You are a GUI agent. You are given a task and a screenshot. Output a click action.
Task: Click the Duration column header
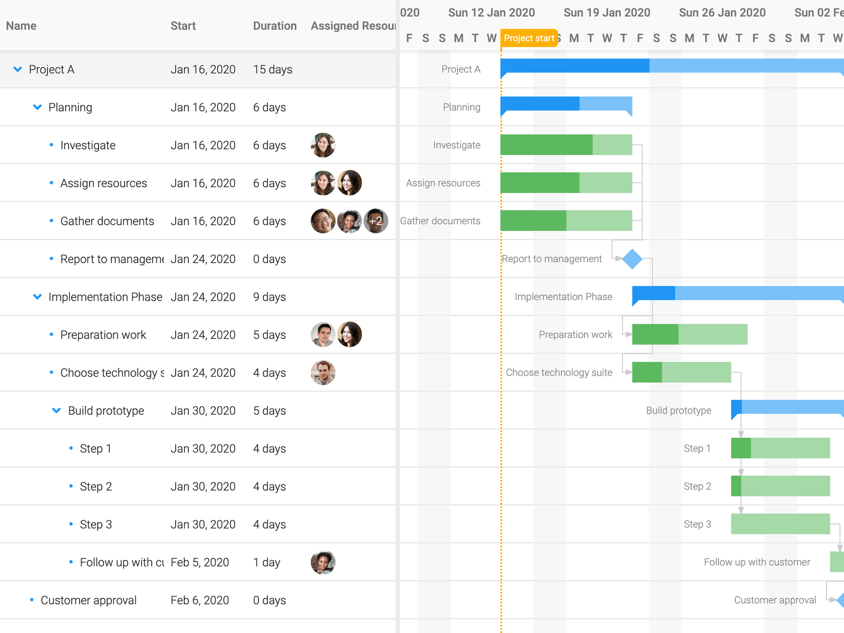pyautogui.click(x=274, y=26)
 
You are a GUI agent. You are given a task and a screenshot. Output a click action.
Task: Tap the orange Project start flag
pyautogui.click(x=529, y=38)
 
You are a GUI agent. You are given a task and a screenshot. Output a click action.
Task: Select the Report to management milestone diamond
pyautogui.click(x=632, y=259)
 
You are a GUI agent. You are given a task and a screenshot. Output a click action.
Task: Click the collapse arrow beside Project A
pyautogui.click(x=17, y=69)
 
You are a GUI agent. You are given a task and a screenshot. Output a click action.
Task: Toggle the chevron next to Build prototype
pyautogui.click(x=56, y=410)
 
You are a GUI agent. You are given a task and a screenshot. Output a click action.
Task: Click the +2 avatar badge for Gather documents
pyautogui.click(x=376, y=221)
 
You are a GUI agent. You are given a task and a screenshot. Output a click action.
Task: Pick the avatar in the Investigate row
pyautogui.click(x=323, y=145)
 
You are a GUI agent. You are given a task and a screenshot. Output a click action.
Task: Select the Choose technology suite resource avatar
pyautogui.click(x=323, y=373)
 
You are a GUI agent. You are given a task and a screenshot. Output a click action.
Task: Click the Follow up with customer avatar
pyautogui.click(x=323, y=562)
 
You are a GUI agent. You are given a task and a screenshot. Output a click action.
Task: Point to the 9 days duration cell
pyautogui.click(x=270, y=297)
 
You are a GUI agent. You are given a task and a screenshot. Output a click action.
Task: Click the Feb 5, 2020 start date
pyautogui.click(x=200, y=562)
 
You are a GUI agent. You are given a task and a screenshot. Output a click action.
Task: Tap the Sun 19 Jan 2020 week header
pyautogui.click(x=607, y=13)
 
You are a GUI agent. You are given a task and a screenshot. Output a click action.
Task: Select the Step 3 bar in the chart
pyautogui.click(x=780, y=524)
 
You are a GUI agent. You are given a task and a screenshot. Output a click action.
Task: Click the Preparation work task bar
pyautogui.click(x=689, y=334)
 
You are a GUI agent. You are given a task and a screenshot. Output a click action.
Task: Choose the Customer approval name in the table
pyautogui.click(x=89, y=600)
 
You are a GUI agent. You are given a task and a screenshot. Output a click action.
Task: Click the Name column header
pyautogui.click(x=21, y=26)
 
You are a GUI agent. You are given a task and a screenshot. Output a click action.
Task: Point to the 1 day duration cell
pyautogui.click(x=267, y=562)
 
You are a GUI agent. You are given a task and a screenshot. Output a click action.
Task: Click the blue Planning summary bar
pyautogui.click(x=566, y=104)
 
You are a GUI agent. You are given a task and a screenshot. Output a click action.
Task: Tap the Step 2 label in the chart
pyautogui.click(x=697, y=486)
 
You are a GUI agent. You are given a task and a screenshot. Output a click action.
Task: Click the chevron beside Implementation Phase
pyautogui.click(x=37, y=297)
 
